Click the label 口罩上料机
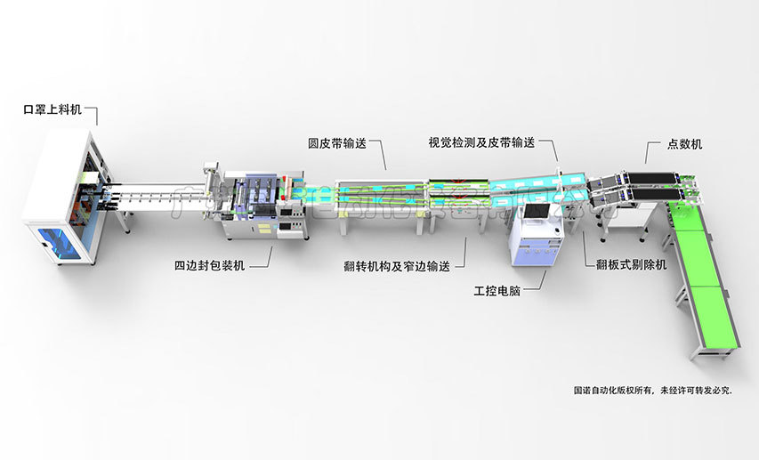(x=52, y=109)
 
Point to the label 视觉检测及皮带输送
(x=480, y=142)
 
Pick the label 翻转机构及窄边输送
(x=396, y=266)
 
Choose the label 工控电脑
(x=497, y=291)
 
